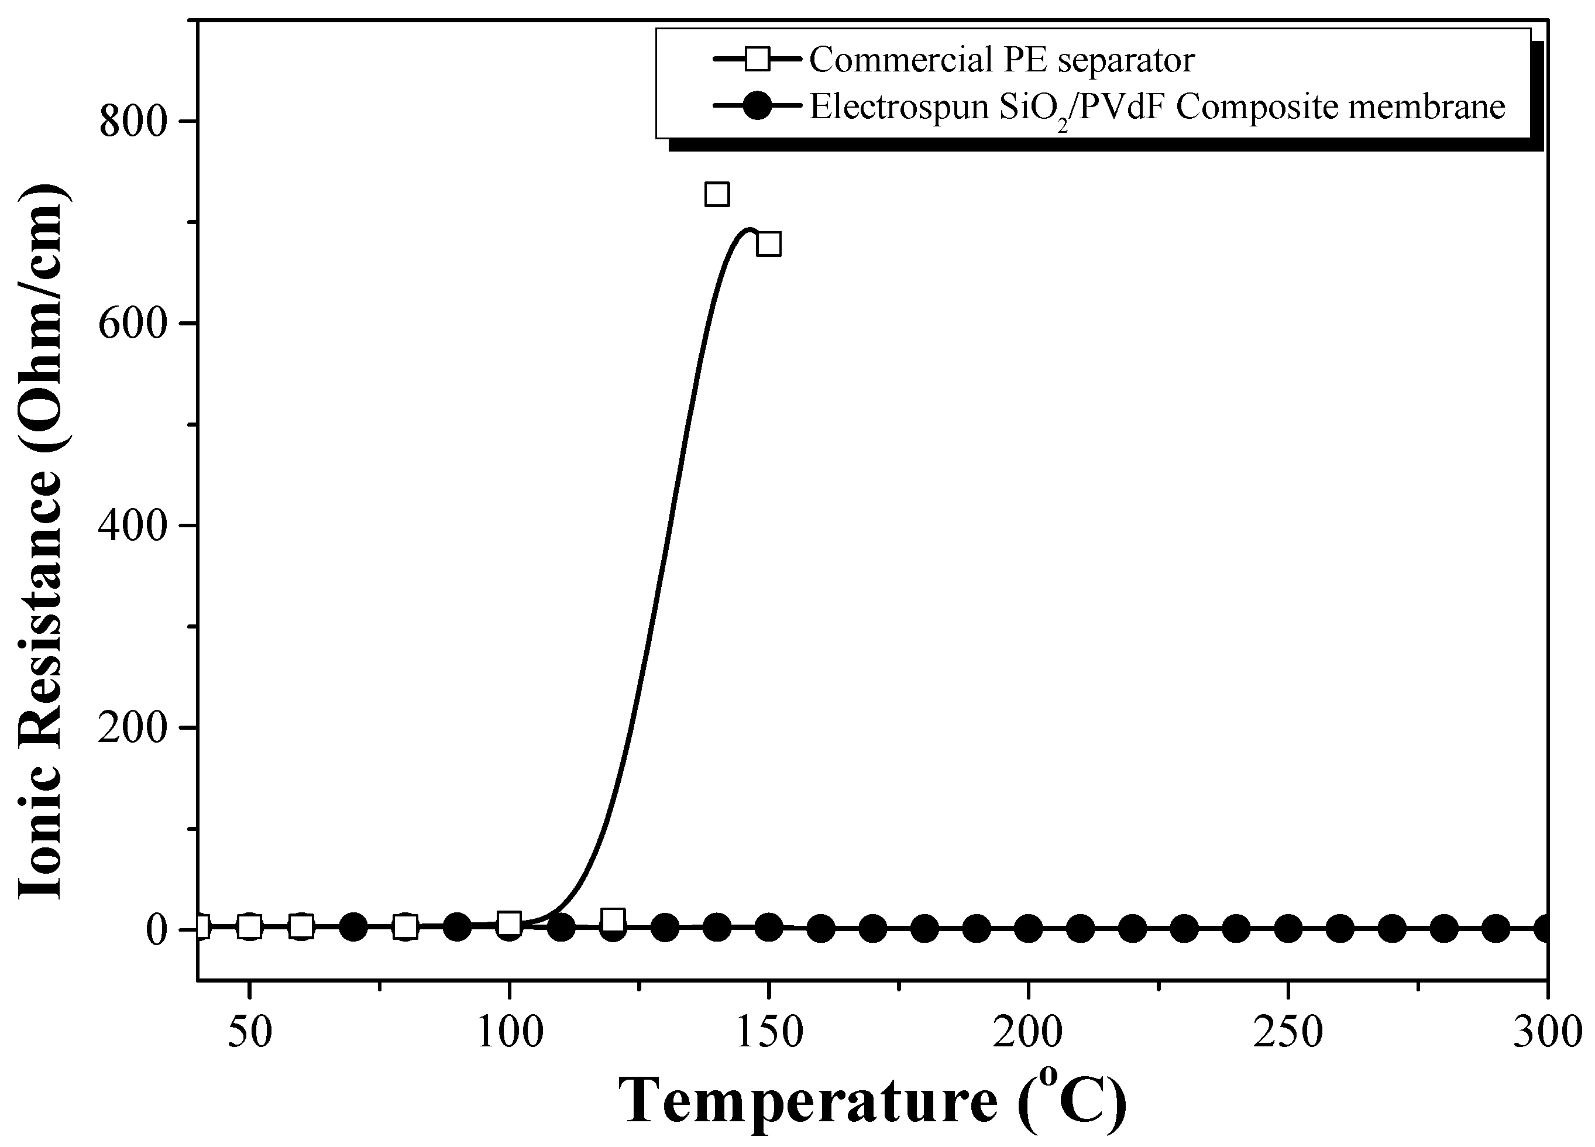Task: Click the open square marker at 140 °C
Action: point(717,194)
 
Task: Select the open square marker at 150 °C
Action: point(769,244)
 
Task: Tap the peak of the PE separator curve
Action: point(750,229)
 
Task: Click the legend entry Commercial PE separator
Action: point(1002,60)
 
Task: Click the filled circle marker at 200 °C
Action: point(1028,929)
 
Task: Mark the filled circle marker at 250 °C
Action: point(1288,929)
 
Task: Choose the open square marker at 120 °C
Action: point(613,920)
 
